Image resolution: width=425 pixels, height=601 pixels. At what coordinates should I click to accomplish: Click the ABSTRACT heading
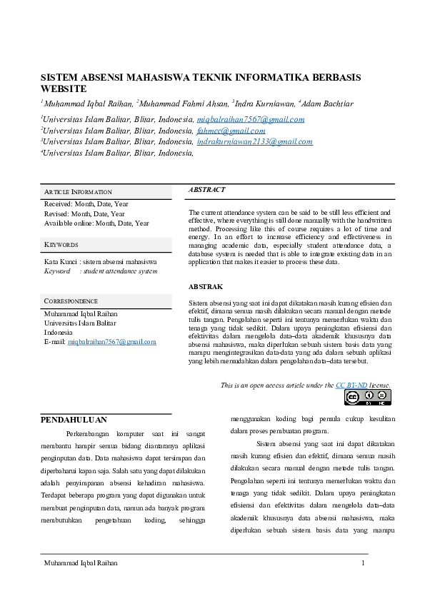click(206, 190)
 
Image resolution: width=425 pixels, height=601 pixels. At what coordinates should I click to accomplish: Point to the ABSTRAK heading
click(205, 286)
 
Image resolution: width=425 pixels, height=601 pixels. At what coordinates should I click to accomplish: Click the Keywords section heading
click(61, 245)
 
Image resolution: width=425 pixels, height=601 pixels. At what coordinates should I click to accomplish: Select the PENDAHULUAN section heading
click(74, 420)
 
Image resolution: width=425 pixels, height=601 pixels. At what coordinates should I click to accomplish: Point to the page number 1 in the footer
click(364, 563)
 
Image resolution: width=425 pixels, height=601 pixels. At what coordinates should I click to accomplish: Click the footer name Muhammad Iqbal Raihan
click(81, 563)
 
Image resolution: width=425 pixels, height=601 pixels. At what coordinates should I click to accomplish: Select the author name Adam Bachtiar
click(327, 103)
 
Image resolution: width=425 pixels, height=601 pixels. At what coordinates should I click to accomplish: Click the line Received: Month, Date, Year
click(86, 204)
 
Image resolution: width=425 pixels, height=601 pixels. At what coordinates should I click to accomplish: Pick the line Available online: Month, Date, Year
click(96, 223)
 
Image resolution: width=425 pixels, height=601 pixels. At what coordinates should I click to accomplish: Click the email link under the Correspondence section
click(111, 342)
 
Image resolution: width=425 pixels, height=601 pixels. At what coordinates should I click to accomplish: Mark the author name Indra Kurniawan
click(264, 103)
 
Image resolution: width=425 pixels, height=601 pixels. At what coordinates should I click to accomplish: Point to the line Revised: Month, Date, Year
click(84, 213)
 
